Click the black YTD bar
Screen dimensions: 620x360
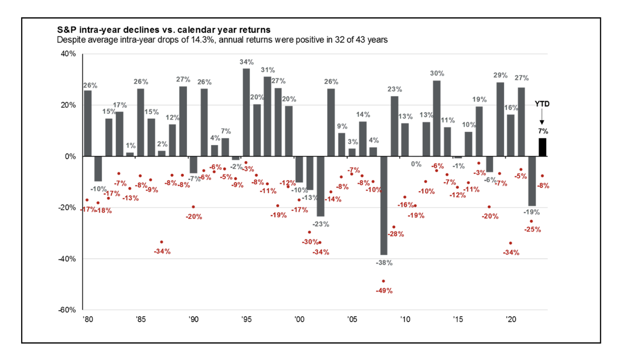tap(542, 147)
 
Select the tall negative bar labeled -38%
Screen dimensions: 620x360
tap(384, 206)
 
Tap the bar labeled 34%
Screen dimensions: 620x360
tap(246, 112)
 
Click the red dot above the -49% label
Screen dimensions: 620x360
tap(384, 281)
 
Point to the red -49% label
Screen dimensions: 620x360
tap(384, 290)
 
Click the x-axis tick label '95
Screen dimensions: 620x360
tap(246, 319)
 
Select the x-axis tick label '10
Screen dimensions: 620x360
tap(405, 319)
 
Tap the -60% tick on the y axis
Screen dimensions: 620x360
tap(67, 310)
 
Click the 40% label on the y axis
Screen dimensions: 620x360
tap(68, 54)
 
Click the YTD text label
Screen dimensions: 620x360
tap(542, 104)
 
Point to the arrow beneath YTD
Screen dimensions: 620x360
tap(542, 116)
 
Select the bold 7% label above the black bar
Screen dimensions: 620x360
tap(543, 131)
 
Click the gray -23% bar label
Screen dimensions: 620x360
tap(321, 224)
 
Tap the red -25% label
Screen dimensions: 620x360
tap(532, 229)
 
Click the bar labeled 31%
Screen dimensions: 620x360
tap(267, 116)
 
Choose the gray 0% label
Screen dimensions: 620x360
tap(416, 164)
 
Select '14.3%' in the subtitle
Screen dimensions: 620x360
tap(202, 40)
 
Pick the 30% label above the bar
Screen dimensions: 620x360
tap(437, 74)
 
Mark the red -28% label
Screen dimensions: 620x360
tap(396, 234)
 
